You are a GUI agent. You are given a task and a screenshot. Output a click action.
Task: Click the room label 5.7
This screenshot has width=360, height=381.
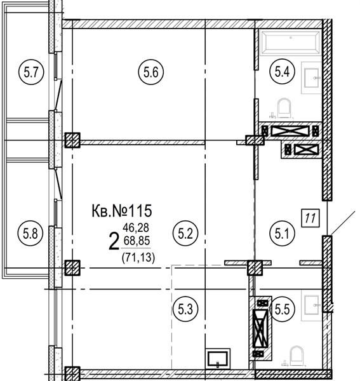pyautogui.click(x=31, y=72)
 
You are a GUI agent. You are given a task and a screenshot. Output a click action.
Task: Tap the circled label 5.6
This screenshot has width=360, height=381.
pyautogui.click(x=151, y=72)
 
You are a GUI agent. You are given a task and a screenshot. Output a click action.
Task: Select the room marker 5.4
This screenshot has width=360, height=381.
pyautogui.click(x=283, y=72)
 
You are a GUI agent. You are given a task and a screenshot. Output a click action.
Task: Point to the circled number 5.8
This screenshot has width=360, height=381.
pyautogui.click(x=30, y=234)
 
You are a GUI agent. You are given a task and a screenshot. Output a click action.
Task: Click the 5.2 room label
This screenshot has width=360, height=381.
pyautogui.click(x=185, y=234)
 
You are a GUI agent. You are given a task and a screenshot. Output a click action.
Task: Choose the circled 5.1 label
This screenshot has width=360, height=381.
pyautogui.click(x=282, y=234)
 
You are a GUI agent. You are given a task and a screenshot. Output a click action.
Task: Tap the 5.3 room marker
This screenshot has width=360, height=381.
pyautogui.click(x=185, y=309)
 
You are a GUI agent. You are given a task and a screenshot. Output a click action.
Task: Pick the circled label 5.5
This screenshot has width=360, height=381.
pyautogui.click(x=283, y=309)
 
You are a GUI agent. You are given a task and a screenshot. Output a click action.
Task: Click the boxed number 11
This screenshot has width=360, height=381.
pyautogui.click(x=310, y=218)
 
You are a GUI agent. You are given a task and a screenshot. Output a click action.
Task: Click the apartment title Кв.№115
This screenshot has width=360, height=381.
pyautogui.click(x=122, y=211)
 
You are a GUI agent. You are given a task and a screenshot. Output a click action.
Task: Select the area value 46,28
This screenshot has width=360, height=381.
pyautogui.click(x=136, y=228)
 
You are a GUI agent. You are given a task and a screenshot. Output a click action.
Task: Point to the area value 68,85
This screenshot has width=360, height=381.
pyautogui.click(x=137, y=241)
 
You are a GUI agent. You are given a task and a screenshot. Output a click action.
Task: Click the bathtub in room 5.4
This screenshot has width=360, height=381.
pyautogui.click(x=291, y=43)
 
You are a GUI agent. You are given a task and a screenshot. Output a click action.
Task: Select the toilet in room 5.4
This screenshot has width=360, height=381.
pyautogui.click(x=284, y=108)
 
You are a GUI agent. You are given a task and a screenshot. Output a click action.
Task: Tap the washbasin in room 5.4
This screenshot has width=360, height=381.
pyautogui.click(x=311, y=77)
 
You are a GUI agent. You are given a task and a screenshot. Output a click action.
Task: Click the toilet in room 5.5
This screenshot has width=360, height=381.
pyautogui.click(x=297, y=356)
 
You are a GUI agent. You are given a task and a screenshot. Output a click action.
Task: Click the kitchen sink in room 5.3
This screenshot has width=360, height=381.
pyautogui.click(x=218, y=358)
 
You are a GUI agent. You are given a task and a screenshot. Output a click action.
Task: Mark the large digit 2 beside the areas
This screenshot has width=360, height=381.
pyautogui.click(x=114, y=241)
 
